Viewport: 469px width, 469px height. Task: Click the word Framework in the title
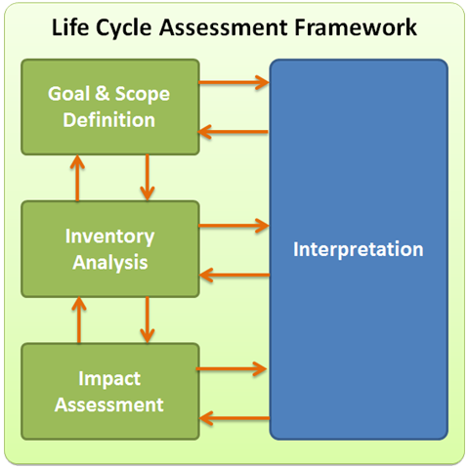point(356,27)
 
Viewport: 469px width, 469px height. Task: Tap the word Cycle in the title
point(124,28)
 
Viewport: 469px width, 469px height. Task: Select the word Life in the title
point(70,27)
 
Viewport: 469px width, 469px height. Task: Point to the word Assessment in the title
point(224,27)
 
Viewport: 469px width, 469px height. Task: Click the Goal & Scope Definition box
point(110,107)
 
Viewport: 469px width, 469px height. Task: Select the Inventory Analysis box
point(110,249)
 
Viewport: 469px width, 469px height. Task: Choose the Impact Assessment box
point(110,392)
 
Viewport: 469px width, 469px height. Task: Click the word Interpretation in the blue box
point(359,249)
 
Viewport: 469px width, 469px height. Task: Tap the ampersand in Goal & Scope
point(103,93)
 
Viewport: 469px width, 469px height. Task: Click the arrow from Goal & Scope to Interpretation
point(234,82)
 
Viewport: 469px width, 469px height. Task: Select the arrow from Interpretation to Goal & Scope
point(234,132)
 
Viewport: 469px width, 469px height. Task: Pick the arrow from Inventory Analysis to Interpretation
point(234,226)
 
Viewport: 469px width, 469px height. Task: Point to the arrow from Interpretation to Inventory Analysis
point(234,276)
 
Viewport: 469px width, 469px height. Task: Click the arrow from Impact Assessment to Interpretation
point(232,369)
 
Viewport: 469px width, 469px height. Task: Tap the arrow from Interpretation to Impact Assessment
point(234,418)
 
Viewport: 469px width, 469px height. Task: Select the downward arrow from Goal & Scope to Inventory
point(148,177)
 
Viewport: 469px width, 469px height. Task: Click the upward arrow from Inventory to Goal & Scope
point(77,178)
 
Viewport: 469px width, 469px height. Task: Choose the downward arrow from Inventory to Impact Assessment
point(148,320)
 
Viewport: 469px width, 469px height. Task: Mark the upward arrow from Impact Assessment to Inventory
point(79,320)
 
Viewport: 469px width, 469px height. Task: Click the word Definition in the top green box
point(109,119)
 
